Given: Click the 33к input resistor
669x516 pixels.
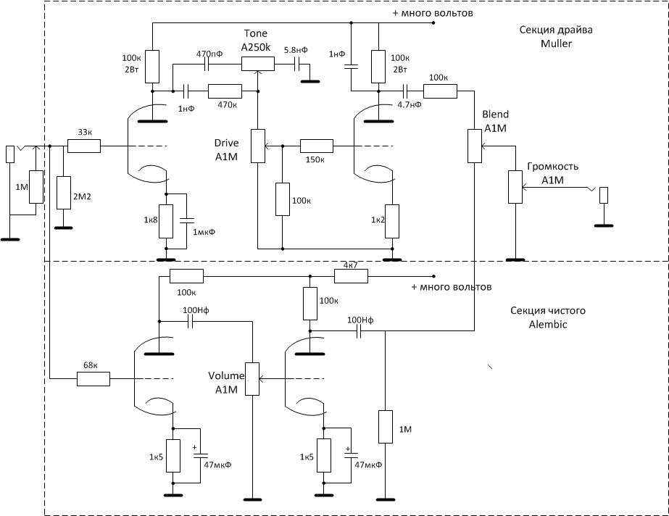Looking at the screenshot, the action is click(x=84, y=146).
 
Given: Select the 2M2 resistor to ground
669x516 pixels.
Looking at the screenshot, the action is click(x=64, y=192).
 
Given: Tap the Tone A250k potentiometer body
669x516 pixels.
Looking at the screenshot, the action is click(x=258, y=64).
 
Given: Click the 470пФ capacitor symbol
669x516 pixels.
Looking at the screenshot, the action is click(x=207, y=64).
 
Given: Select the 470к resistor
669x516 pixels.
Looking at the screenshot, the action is click(x=225, y=91).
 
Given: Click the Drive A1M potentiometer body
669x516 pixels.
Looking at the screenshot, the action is click(x=258, y=146).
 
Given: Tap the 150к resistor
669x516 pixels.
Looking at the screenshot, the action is click(x=317, y=146).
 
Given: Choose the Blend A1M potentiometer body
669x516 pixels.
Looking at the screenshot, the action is click(x=475, y=146).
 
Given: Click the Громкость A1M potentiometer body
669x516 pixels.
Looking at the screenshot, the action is click(x=515, y=187).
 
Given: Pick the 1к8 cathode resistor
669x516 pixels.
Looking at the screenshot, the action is click(x=166, y=221).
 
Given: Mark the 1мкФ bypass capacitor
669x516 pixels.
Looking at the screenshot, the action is click(x=186, y=220).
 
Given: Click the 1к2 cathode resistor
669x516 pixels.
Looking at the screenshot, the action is click(x=392, y=221).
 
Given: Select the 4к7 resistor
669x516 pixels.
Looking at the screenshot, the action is click(x=351, y=276).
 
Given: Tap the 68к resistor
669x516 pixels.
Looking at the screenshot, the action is click(x=94, y=379).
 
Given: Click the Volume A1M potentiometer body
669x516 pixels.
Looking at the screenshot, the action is click(x=252, y=379).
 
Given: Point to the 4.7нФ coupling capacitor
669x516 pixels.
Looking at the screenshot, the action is click(x=405, y=91).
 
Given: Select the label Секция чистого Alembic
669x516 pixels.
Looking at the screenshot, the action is click(x=548, y=317).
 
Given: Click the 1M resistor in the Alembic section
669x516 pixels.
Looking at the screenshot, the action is click(x=386, y=427).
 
